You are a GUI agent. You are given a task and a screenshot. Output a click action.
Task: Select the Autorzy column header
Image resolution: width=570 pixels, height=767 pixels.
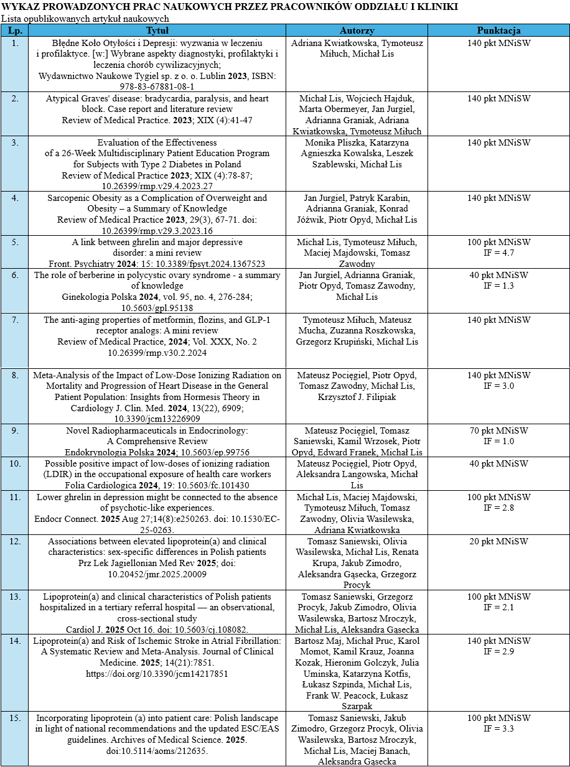point(357,30)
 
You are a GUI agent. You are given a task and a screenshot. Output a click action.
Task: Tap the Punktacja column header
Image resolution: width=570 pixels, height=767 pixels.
point(498,30)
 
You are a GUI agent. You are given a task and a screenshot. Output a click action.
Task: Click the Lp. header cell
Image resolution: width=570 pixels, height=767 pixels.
point(15,30)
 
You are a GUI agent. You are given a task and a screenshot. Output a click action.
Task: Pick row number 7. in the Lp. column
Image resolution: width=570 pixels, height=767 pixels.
point(15,320)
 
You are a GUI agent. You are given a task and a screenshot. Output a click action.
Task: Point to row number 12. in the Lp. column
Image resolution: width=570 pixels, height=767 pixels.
point(15,541)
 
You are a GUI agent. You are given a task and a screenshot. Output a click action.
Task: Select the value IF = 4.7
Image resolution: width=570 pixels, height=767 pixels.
point(499,253)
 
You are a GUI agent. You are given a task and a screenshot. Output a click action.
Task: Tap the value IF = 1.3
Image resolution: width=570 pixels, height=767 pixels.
point(499,286)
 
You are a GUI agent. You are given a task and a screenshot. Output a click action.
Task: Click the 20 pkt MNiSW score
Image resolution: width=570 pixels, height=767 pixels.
point(499,541)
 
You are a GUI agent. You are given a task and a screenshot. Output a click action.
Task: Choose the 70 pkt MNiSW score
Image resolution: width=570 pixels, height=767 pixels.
point(499,430)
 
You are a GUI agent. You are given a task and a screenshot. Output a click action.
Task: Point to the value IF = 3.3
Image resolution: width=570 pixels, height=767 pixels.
point(499,728)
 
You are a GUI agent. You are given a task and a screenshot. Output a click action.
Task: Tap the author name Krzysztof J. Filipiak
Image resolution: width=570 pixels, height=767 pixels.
point(357,397)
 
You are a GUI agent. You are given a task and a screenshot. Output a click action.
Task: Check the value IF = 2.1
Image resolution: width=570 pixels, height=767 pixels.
point(499,607)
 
